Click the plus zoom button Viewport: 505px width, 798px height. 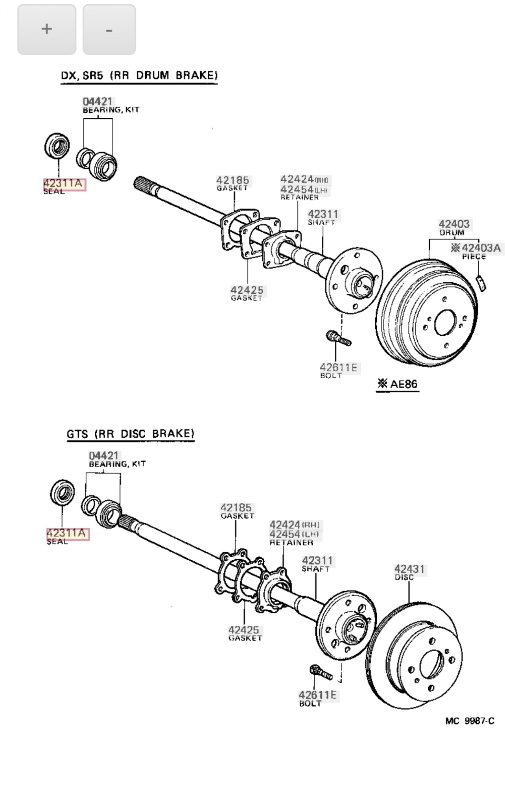tap(46, 30)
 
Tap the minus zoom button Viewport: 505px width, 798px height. tap(109, 30)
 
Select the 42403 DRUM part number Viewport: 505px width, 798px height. tap(454, 224)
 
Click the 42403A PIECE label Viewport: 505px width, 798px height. tap(481, 248)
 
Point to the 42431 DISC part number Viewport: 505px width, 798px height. tap(409, 569)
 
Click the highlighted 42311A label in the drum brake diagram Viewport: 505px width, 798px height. tap(64, 183)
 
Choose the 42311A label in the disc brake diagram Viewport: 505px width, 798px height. tap(67, 533)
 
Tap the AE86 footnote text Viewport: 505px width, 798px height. tap(398, 384)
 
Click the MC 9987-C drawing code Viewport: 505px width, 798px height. tap(470, 721)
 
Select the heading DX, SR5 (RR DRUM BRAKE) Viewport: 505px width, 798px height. tap(139, 76)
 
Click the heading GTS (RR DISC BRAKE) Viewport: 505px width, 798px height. tap(131, 434)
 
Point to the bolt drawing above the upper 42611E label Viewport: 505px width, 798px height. tap(339, 338)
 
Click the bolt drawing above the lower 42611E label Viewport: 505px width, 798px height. tap(321, 672)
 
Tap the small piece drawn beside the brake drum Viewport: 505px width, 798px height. tap(481, 283)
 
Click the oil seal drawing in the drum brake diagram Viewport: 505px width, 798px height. tap(57, 146)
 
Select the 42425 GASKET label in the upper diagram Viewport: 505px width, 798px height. tap(247, 291)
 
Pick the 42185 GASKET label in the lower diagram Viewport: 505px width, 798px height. tap(236, 507)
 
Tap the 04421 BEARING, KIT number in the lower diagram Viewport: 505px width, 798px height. tap(103, 455)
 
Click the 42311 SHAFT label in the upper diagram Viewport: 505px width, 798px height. tap(323, 214)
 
